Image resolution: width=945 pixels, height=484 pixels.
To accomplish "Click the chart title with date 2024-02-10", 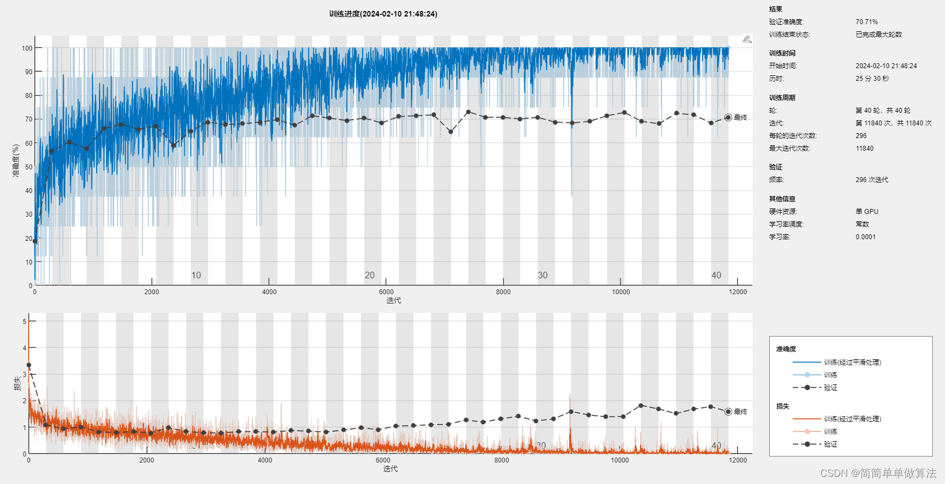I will (383, 14).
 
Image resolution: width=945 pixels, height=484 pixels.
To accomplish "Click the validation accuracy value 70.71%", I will (866, 22).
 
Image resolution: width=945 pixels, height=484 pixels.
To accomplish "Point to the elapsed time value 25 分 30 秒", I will (872, 79).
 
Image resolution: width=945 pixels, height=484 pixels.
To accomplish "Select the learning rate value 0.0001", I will (865, 237).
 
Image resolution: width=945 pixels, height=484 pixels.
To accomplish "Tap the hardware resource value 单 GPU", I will (867, 212).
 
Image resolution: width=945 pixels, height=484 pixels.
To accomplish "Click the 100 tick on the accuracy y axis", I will (27, 48).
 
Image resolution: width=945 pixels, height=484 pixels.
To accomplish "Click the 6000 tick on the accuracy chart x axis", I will (386, 292).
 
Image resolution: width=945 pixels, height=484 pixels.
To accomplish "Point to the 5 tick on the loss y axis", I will (24, 322).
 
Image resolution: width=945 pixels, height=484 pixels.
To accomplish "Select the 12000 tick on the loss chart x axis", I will (738, 460).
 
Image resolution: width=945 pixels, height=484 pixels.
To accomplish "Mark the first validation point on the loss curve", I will (29, 365).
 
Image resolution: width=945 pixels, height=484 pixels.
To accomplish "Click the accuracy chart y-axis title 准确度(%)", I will (16, 161).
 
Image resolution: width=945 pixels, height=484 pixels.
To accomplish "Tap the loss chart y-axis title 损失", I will (18, 383).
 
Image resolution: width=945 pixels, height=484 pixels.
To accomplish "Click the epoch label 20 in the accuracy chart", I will (369, 275).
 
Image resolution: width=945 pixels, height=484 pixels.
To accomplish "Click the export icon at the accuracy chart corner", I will (747, 39).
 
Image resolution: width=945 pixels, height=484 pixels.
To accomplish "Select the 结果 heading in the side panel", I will (775, 9).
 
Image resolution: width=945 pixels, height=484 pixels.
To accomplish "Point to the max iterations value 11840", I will (864, 148).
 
